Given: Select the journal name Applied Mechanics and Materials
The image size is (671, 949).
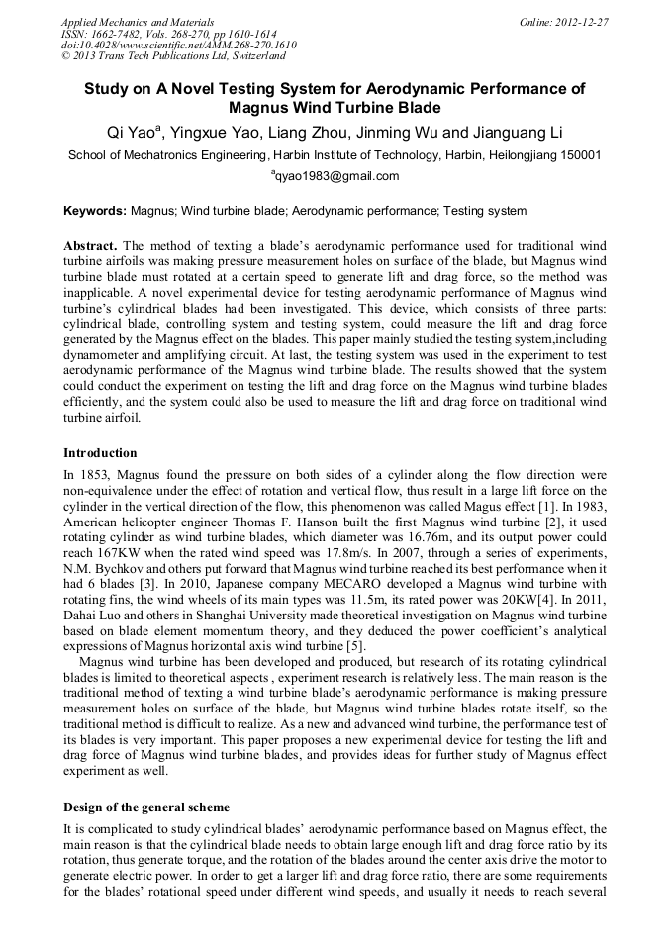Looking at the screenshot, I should [138, 21].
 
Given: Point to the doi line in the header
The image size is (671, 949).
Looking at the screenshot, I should [178, 46].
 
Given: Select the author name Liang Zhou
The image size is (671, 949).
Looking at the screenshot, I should [298, 133].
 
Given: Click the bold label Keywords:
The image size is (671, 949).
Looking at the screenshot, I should [95, 211].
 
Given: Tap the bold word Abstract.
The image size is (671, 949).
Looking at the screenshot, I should [90, 244].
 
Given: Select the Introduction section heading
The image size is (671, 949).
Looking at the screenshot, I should [100, 453].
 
